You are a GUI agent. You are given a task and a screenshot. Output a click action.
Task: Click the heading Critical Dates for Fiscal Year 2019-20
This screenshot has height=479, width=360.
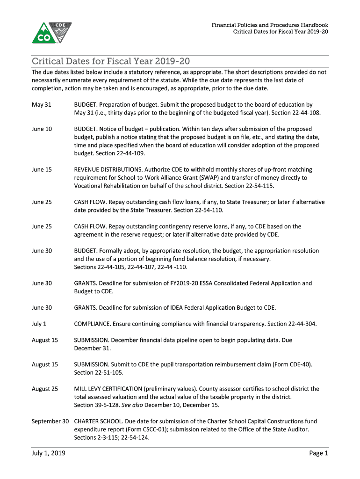pos(111,62)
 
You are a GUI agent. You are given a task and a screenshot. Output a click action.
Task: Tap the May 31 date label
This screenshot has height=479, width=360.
pos(41,105)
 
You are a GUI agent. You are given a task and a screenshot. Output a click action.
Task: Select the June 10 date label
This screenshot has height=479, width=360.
pos(42,129)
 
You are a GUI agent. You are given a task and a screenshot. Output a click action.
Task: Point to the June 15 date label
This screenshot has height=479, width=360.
pos(42,169)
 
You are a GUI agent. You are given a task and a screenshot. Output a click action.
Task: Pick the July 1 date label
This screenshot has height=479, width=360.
pos(39,324)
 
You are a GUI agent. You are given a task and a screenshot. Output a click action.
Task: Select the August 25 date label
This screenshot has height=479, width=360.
pos(45,389)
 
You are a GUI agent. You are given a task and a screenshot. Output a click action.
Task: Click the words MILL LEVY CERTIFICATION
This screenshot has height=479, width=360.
pos(108,389)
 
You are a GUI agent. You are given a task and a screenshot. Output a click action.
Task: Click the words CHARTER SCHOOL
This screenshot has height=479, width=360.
pos(96,421)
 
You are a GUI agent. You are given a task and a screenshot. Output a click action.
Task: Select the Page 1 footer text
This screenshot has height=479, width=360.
pos(318,453)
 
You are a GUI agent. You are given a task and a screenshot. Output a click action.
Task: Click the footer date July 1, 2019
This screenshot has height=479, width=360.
pos(48,453)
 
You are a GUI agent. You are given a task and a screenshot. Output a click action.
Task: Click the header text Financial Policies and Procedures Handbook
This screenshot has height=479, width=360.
pos(270,25)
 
